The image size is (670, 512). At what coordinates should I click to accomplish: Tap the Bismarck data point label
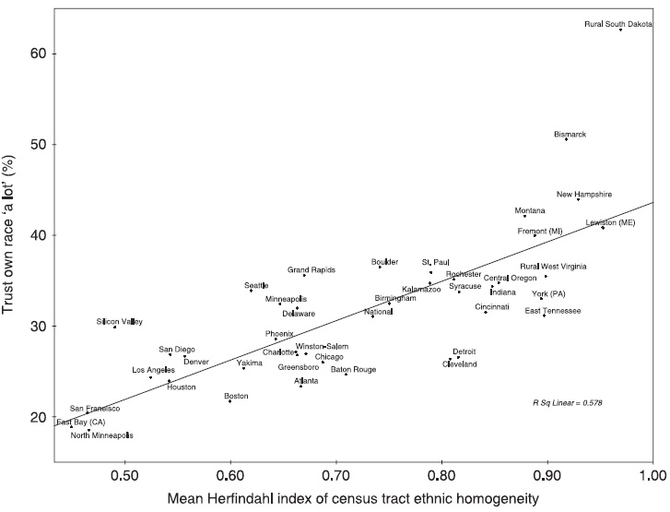570,134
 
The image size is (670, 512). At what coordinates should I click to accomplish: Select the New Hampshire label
583,194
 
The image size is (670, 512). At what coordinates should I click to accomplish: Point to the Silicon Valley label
120,322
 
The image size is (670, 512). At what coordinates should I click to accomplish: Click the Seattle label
256,285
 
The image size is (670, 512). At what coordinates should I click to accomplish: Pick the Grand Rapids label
311,270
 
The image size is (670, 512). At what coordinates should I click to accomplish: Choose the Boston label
236,395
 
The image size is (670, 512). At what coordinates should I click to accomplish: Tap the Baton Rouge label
353,369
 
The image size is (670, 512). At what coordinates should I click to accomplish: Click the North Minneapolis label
103,435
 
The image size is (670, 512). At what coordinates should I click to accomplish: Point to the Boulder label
384,262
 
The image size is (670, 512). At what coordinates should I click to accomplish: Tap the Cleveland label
460,364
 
